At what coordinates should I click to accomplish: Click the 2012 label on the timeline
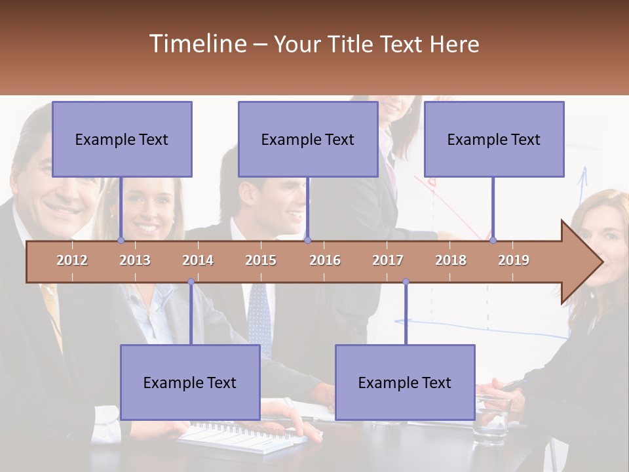point(72,260)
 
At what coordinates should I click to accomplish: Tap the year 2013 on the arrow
point(135,260)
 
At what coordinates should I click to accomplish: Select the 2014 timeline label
point(198,260)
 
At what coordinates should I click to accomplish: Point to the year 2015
point(261,260)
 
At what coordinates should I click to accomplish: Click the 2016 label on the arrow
point(325,260)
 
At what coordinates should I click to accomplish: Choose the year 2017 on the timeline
point(388,260)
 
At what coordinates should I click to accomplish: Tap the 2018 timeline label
point(451,260)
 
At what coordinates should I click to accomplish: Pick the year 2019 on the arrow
point(514,260)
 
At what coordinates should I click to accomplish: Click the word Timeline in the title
point(197,44)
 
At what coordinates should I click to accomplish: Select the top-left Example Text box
point(122,139)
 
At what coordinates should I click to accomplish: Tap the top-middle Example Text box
point(308,139)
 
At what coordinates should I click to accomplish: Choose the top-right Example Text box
point(494,139)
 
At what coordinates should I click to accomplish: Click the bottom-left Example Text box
point(190,382)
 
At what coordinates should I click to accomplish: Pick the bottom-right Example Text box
point(405,382)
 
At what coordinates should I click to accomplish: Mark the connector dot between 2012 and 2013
point(121,240)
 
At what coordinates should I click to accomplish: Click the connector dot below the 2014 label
point(191,282)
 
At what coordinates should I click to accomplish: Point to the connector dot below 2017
point(406,282)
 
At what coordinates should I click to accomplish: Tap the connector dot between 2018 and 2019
point(493,240)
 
